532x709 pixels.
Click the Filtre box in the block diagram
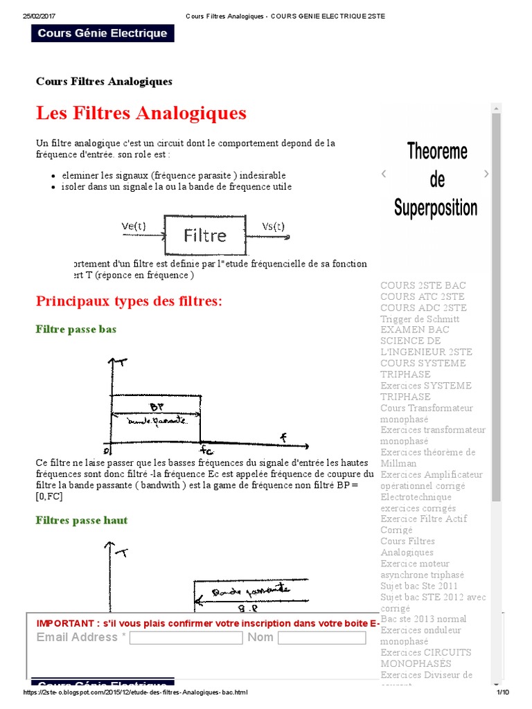(205, 235)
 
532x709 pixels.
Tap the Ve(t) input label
(134, 226)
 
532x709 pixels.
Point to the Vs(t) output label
(273, 226)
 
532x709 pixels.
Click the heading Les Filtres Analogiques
(141, 112)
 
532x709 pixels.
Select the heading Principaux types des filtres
(129, 301)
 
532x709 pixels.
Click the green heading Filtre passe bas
(76, 330)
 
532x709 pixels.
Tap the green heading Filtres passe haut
(82, 521)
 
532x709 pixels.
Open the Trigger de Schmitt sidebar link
(420, 319)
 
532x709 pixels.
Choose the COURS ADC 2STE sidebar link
(423, 308)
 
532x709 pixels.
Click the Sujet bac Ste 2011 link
(419, 586)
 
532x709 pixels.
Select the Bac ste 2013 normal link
(423, 619)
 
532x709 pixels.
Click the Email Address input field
(186, 638)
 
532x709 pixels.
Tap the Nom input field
(321, 638)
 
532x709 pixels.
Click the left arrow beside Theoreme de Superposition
(384, 174)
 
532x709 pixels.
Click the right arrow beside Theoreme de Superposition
(486, 174)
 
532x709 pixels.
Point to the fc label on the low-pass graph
(206, 451)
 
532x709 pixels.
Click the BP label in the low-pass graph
(157, 407)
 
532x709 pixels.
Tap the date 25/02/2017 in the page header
(39, 17)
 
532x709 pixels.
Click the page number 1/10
(502, 692)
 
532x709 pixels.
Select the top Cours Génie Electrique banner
(103, 33)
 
